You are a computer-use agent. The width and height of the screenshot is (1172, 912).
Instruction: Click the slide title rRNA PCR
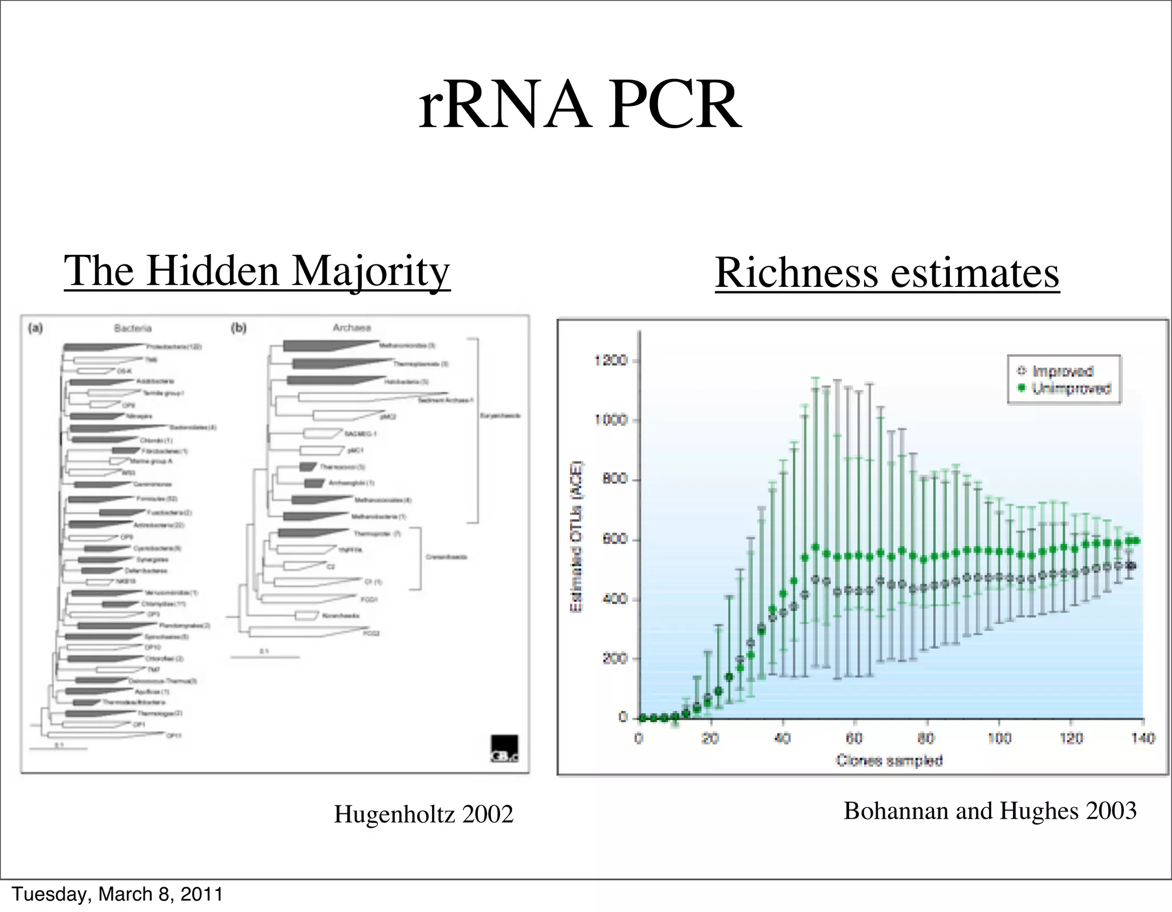(x=580, y=106)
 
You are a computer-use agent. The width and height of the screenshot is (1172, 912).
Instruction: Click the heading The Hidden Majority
(x=257, y=270)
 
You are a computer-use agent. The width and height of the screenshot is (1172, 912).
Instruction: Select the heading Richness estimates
(x=887, y=273)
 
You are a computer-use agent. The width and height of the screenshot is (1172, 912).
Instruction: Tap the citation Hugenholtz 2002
(x=423, y=814)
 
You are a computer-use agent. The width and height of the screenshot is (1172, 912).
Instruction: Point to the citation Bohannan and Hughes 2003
(x=990, y=811)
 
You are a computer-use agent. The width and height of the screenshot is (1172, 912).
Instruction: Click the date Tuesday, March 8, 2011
(x=117, y=894)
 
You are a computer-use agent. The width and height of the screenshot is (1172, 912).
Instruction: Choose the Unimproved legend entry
(x=1070, y=389)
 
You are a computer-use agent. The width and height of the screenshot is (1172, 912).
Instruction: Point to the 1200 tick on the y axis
(x=611, y=361)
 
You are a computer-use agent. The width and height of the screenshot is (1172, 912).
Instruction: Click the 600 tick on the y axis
(x=615, y=539)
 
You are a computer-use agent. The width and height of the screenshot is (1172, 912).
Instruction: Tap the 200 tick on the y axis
(x=615, y=658)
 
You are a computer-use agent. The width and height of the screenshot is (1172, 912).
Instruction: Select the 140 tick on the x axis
(x=1143, y=738)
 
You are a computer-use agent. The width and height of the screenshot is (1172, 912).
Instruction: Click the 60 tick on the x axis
(x=854, y=738)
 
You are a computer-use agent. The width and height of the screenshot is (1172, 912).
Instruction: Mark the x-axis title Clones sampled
(x=889, y=760)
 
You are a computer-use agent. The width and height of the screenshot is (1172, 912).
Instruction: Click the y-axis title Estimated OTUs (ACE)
(x=577, y=536)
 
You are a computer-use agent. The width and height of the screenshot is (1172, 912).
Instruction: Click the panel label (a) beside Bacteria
(x=35, y=329)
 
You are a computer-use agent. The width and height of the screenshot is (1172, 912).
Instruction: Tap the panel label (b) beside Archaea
(x=238, y=328)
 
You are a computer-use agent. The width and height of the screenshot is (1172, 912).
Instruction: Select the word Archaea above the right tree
(x=351, y=327)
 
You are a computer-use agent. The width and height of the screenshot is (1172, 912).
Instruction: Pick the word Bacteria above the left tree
(x=133, y=328)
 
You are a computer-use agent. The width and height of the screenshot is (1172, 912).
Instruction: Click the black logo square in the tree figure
(x=504, y=748)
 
